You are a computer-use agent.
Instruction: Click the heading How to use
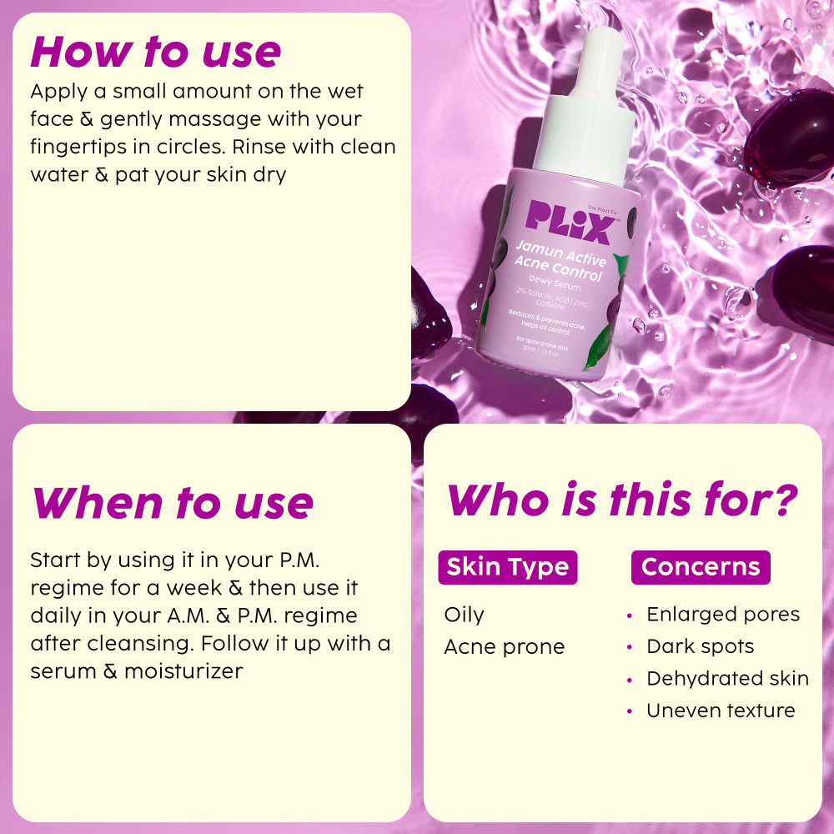tap(156, 52)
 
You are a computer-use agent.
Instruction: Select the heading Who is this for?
tap(621, 500)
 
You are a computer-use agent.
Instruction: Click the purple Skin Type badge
tap(507, 567)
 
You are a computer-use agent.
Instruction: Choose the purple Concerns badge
tap(701, 567)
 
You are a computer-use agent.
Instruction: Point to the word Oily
tap(464, 615)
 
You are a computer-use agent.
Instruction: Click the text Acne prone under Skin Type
tap(504, 646)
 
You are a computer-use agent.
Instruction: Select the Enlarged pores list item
tap(722, 615)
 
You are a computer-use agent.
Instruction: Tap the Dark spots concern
tap(700, 646)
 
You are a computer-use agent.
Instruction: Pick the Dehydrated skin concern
tap(727, 678)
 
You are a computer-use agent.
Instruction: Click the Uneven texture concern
tap(721, 711)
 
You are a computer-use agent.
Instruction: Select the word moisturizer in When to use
tap(183, 671)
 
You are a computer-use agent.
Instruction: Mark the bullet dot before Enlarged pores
tap(630, 615)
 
